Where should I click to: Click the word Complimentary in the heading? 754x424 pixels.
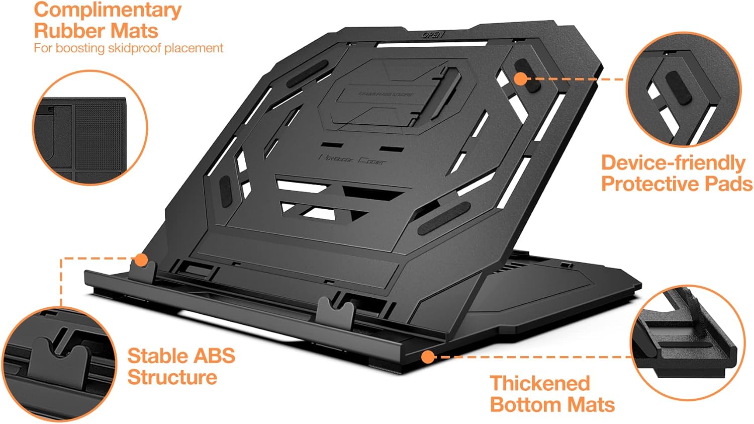[x=108, y=10]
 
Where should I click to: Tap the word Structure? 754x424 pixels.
[x=172, y=377]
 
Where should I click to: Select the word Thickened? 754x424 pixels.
[x=539, y=383]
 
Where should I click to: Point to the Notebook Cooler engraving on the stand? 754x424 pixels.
[x=353, y=159]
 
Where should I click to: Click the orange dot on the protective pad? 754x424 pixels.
[x=521, y=78]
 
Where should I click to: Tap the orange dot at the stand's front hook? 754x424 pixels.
[x=141, y=260]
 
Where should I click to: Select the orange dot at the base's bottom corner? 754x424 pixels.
[x=427, y=357]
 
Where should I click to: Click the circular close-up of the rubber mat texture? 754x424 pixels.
[x=90, y=127]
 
